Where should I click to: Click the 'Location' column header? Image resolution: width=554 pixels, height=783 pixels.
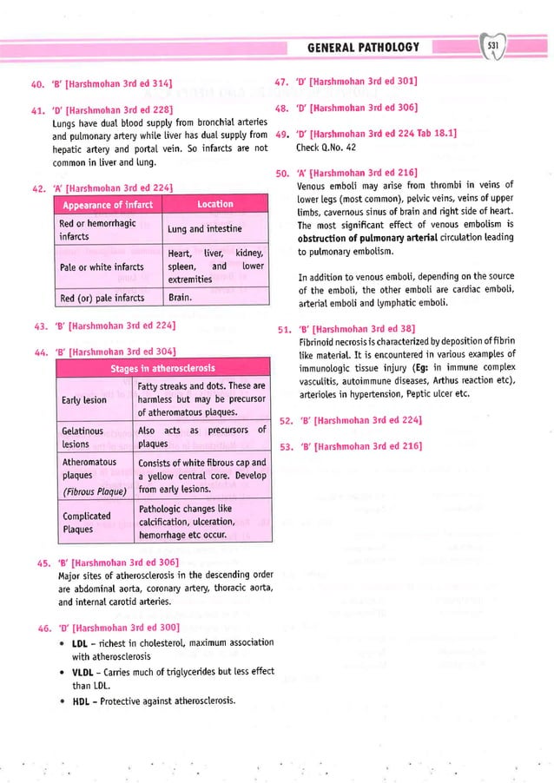tap(214, 204)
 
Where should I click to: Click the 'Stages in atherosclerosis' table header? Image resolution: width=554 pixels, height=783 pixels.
tap(162, 368)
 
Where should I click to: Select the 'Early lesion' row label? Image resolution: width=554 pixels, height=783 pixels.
tap(84, 400)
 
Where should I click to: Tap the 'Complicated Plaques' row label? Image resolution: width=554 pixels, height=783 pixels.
tap(86, 522)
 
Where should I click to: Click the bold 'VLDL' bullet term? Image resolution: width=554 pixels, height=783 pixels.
tap(84, 672)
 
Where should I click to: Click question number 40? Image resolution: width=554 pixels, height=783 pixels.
tap(37, 83)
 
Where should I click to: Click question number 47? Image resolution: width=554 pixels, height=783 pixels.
tap(283, 82)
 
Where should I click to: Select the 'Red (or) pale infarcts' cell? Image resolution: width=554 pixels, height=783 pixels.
tap(105, 298)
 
